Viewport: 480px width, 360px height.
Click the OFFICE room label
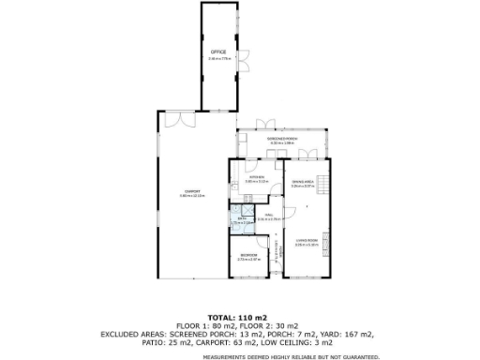[218, 51]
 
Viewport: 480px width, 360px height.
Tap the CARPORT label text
[191, 193]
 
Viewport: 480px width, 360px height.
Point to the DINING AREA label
[303, 181]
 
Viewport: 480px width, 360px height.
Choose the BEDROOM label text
[248, 255]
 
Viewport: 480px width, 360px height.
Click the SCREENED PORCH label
[281, 139]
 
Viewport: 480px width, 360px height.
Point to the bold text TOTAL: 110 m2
[239, 319]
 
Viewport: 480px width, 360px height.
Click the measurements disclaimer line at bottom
[239, 355]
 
